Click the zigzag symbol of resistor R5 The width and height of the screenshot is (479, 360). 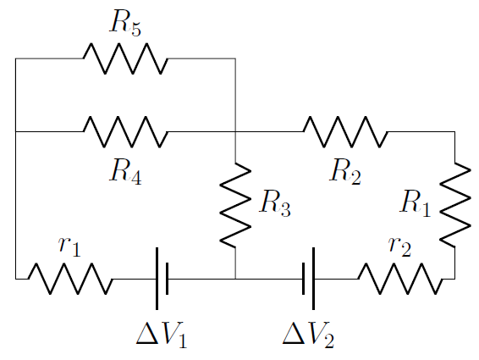(x=125, y=58)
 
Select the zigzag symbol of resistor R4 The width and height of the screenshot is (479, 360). (x=125, y=131)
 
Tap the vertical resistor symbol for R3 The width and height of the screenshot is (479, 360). (x=235, y=205)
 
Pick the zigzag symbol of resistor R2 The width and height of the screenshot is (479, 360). (x=345, y=131)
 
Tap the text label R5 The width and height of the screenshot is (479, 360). (x=125, y=25)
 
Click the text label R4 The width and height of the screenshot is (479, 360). (x=125, y=171)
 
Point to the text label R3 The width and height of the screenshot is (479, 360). (x=275, y=206)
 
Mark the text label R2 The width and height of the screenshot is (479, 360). (x=345, y=171)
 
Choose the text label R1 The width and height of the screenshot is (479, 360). (x=416, y=204)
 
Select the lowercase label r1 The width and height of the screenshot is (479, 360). (x=70, y=246)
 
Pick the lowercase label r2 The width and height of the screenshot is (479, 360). (x=399, y=246)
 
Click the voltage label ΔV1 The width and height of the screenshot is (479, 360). (x=162, y=335)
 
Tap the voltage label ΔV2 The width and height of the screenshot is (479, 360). (x=309, y=335)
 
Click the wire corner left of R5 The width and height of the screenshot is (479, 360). (x=15, y=58)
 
